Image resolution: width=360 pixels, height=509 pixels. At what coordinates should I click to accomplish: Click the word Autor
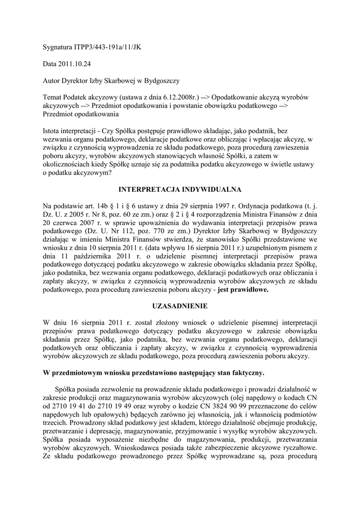click(52, 81)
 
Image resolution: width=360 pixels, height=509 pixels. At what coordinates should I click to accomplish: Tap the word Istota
click(52, 131)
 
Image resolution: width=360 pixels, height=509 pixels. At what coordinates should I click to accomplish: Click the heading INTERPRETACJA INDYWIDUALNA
click(180, 189)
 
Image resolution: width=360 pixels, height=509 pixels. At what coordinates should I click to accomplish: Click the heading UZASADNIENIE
click(180, 306)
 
